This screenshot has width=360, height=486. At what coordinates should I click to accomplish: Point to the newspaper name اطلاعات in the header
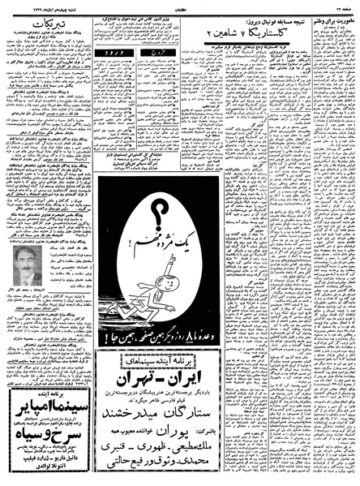tap(180, 6)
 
